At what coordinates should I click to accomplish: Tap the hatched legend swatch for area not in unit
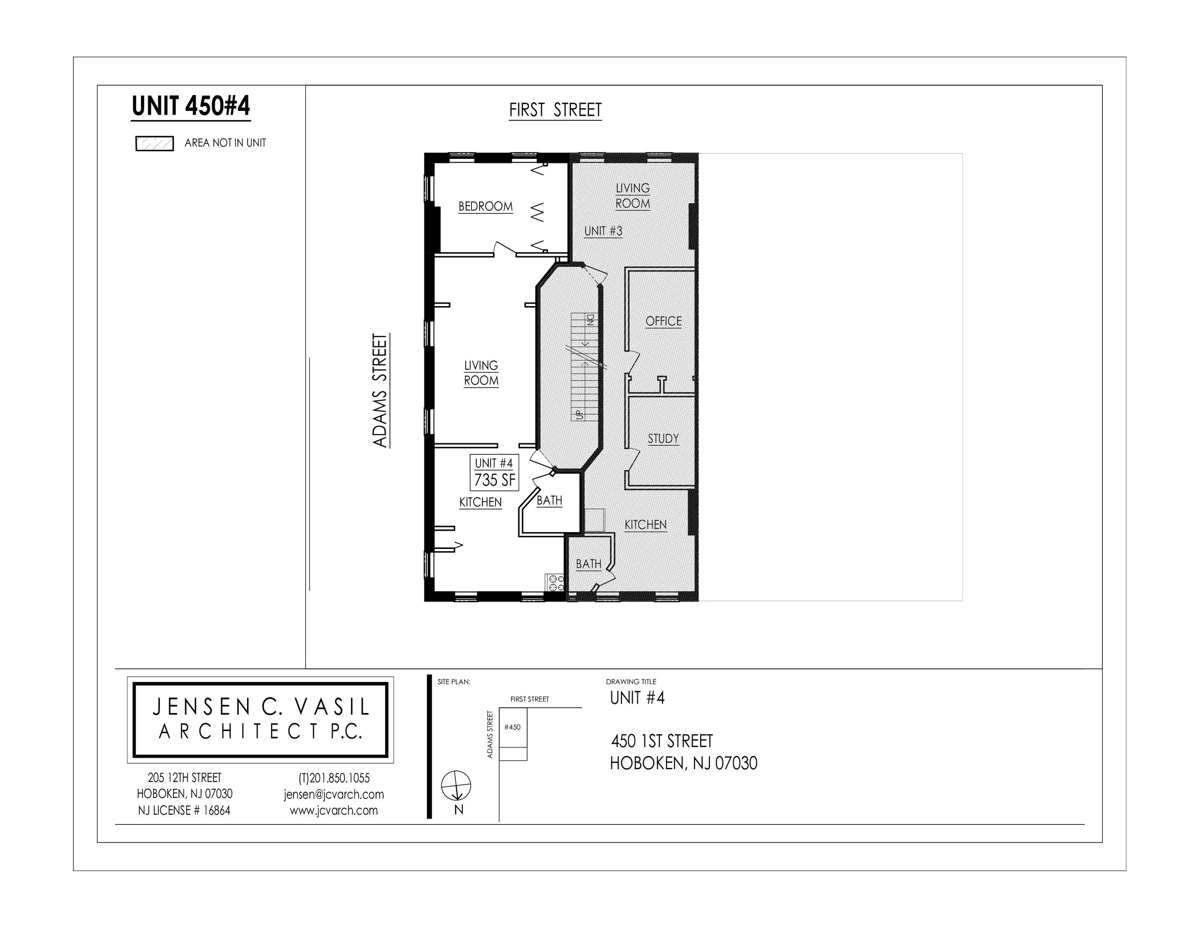[155, 144]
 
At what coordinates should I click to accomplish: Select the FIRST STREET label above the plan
[555, 110]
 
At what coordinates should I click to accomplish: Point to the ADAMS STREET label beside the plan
[380, 391]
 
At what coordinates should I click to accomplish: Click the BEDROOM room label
[485, 206]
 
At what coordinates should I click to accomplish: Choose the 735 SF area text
[494, 480]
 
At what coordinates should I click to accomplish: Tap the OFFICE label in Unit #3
[663, 321]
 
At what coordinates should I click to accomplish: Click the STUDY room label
[663, 438]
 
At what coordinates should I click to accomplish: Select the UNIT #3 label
[603, 231]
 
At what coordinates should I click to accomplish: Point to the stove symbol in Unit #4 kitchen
[554, 582]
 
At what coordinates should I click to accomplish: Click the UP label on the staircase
[579, 414]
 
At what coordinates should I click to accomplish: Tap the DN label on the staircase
[591, 320]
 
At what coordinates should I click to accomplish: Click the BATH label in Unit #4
[549, 500]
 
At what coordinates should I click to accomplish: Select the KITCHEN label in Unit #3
[645, 525]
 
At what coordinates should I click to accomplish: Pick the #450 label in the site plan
[512, 727]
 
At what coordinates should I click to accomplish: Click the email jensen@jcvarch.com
[334, 794]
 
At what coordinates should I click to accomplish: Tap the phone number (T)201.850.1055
[334, 778]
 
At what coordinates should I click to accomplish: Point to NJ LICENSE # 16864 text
[185, 810]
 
